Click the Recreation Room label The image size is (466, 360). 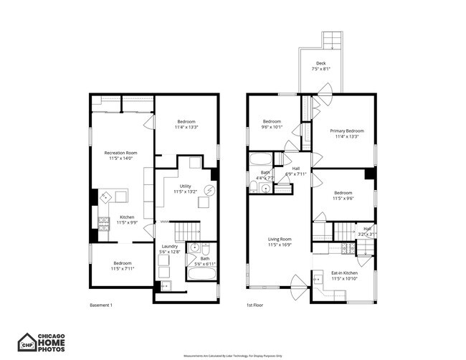(x=121, y=155)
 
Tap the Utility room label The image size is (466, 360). (x=185, y=189)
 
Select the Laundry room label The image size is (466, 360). (x=169, y=248)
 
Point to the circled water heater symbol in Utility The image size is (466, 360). (x=209, y=190)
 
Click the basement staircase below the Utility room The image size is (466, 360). (x=189, y=231)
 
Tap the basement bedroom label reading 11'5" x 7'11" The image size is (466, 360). (x=122, y=266)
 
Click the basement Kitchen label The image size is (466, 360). (x=127, y=219)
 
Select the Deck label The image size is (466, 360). (x=321, y=66)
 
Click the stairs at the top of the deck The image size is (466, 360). (x=331, y=39)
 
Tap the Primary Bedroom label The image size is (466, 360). (x=346, y=133)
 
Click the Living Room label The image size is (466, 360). (x=280, y=242)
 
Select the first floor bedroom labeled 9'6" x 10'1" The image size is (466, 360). (x=272, y=124)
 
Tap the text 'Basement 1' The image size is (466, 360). (x=101, y=305)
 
